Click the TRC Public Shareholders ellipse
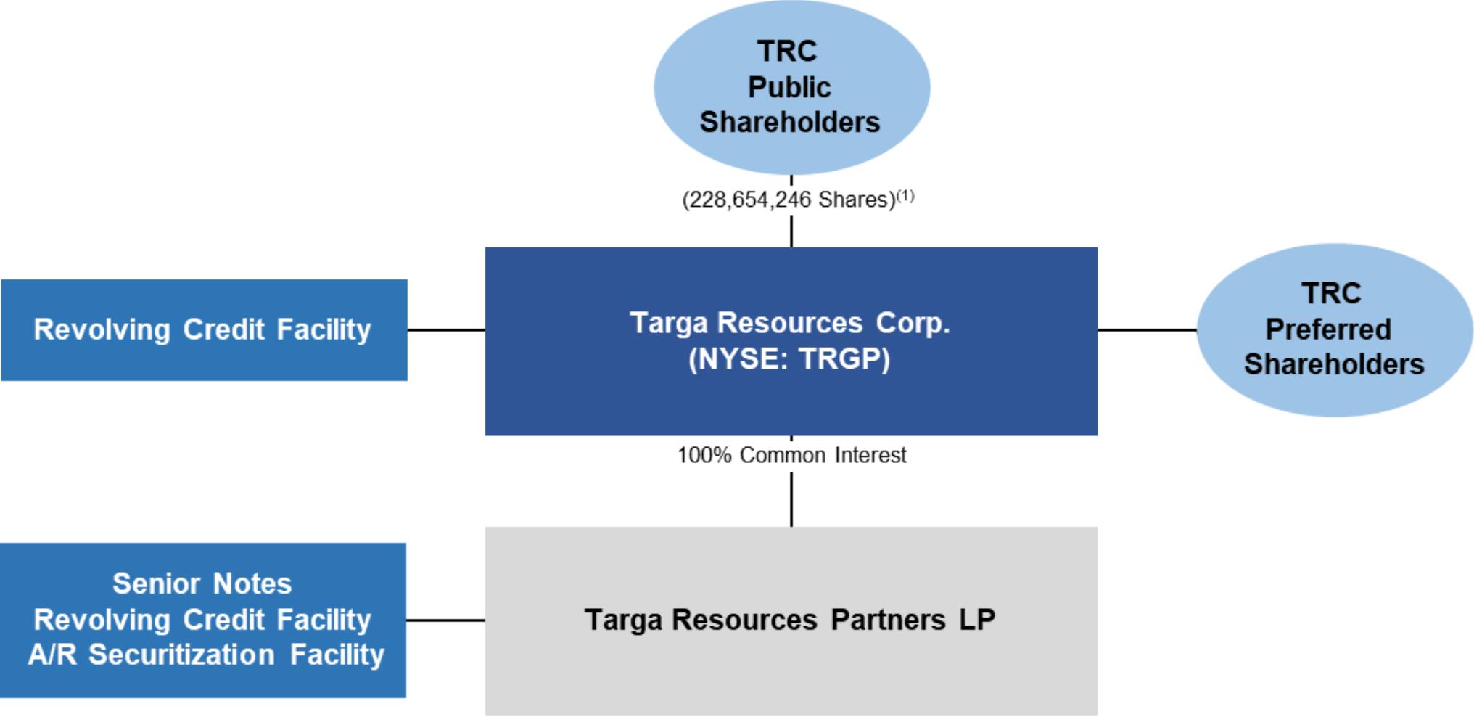[x=791, y=87]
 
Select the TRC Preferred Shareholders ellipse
[x=1335, y=330]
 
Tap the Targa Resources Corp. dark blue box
[x=791, y=341]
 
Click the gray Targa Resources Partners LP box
[x=791, y=621]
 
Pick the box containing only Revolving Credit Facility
[x=204, y=330]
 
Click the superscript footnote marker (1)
[x=905, y=195]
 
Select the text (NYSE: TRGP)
[x=789, y=359]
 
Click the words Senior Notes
[x=202, y=583]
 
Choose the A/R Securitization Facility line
[x=206, y=655]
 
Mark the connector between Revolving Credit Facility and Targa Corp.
[x=446, y=330]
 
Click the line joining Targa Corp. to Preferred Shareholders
[x=1147, y=330]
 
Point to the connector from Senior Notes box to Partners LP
[x=445, y=620]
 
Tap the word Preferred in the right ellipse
[x=1328, y=329]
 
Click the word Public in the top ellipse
[x=789, y=87]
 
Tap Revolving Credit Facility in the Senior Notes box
[x=202, y=620]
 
